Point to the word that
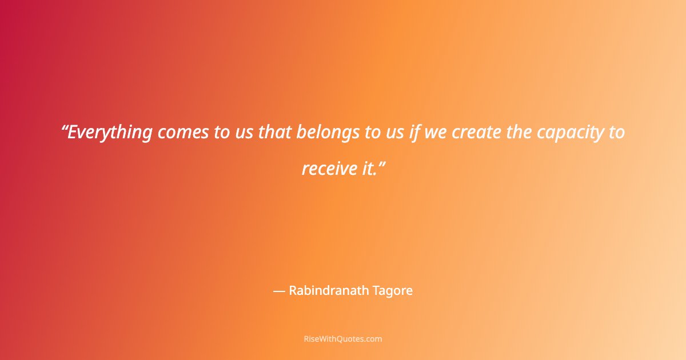pyautogui.click(x=274, y=133)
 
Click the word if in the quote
pyautogui.click(x=414, y=133)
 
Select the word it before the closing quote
pyautogui.click(x=366, y=168)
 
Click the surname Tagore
pyautogui.click(x=392, y=291)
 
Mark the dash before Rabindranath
pyautogui.click(x=279, y=291)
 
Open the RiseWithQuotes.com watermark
pyautogui.click(x=343, y=339)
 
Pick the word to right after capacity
pyautogui.click(x=616, y=133)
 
